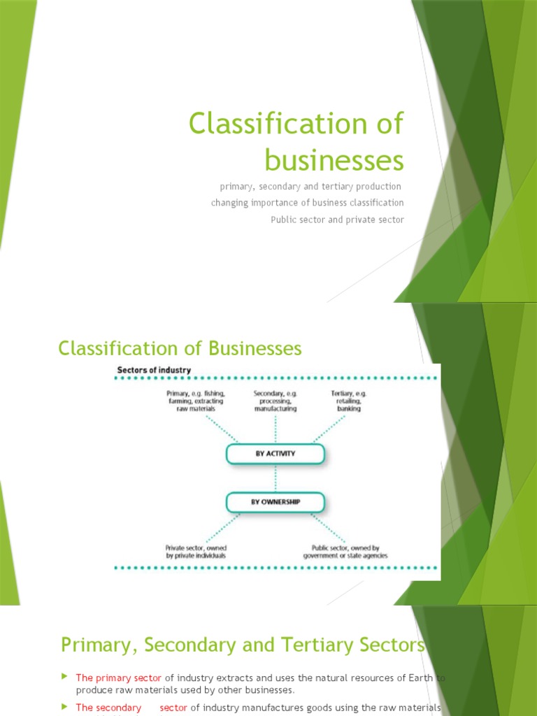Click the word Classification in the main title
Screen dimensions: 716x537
coord(268,124)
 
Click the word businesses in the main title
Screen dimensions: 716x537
coord(334,161)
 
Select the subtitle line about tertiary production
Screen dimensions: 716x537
coord(310,187)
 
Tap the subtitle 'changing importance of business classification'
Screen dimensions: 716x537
coord(307,203)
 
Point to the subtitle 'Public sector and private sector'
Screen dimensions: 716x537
coord(337,220)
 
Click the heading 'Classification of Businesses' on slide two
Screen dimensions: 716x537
coord(180,348)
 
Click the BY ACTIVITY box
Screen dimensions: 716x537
coord(275,454)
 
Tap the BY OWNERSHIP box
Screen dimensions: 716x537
coord(275,502)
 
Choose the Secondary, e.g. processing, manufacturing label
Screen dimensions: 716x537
coord(275,401)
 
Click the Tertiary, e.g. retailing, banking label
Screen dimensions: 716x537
coord(349,401)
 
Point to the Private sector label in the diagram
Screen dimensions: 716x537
coord(196,552)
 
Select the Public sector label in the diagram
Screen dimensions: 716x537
coord(345,552)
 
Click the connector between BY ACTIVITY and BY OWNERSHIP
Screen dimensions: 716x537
coord(275,478)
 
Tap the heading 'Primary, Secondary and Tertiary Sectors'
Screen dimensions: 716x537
coord(243,644)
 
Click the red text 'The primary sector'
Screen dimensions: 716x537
coord(119,678)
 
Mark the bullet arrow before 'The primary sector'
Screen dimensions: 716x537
coord(65,677)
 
